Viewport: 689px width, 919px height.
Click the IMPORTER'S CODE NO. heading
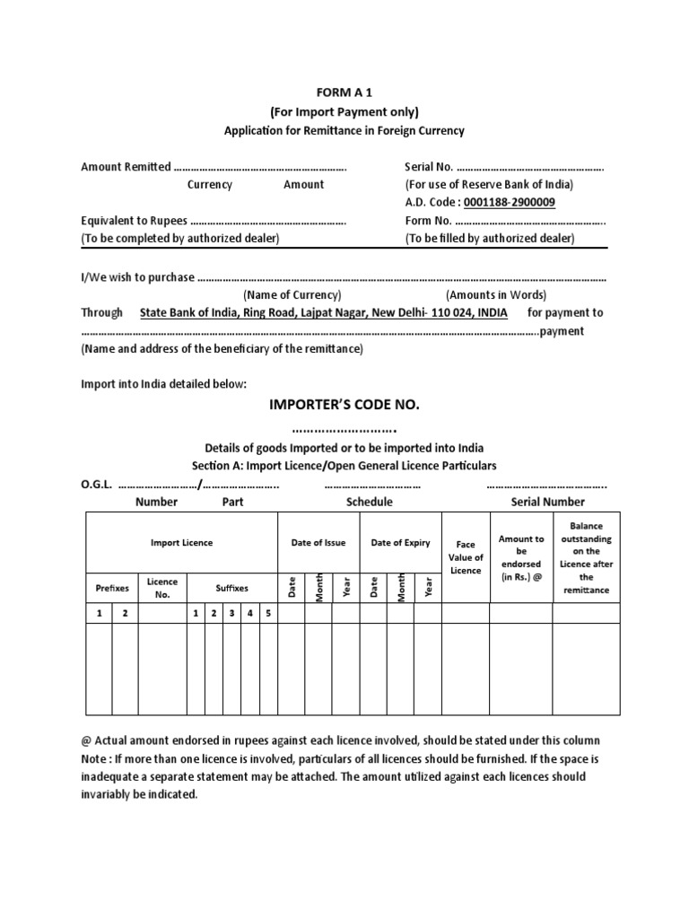point(344,406)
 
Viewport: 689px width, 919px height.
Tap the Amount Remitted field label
point(126,167)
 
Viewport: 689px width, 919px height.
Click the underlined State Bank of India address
point(323,313)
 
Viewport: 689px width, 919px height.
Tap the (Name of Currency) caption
point(292,295)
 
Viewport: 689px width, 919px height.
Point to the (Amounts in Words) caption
point(496,295)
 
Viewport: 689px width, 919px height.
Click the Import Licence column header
point(181,543)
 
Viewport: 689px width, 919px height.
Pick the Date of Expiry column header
point(400,543)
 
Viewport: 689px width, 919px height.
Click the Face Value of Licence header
point(466,557)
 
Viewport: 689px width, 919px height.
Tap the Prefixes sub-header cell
point(112,589)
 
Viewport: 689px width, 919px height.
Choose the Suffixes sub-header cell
point(231,589)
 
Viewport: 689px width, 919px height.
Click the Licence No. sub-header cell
point(162,588)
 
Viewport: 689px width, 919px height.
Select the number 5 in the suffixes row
point(267,613)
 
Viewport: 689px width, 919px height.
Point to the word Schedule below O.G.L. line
point(369,502)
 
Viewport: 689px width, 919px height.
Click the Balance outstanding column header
point(586,557)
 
